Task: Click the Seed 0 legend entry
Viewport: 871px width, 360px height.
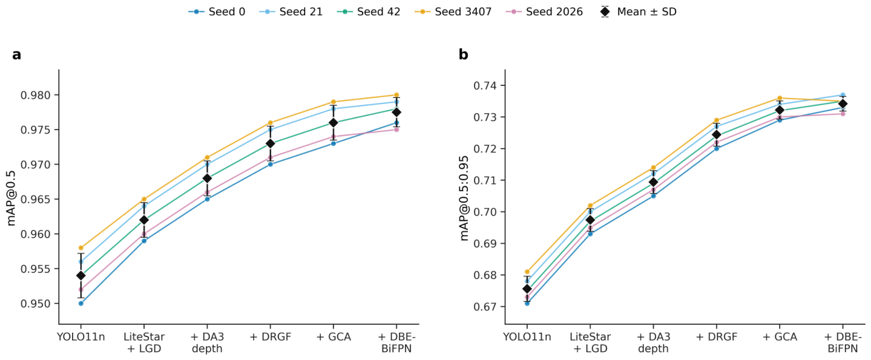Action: pos(217,11)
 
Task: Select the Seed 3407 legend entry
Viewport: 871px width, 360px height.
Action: pos(453,11)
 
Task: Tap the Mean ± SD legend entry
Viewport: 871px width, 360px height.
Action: pos(638,11)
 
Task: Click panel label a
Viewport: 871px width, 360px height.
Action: pos(17,55)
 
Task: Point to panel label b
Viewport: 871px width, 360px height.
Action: pos(463,54)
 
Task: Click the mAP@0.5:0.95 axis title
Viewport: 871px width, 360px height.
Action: pos(465,198)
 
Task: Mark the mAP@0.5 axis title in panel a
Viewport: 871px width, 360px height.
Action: pos(12,198)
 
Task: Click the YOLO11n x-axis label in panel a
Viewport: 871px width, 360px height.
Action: pos(81,336)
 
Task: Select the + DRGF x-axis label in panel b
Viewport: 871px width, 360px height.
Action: pos(716,336)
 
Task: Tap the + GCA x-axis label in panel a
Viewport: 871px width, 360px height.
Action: pos(334,336)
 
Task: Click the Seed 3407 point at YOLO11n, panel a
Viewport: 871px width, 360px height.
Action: pos(81,247)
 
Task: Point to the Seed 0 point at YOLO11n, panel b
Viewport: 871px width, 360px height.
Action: pos(527,303)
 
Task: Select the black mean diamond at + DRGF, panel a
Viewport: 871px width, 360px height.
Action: pos(270,143)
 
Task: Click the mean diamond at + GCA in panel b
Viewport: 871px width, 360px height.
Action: pos(780,110)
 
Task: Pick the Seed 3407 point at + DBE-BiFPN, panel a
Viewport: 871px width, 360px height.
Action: pos(396,95)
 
